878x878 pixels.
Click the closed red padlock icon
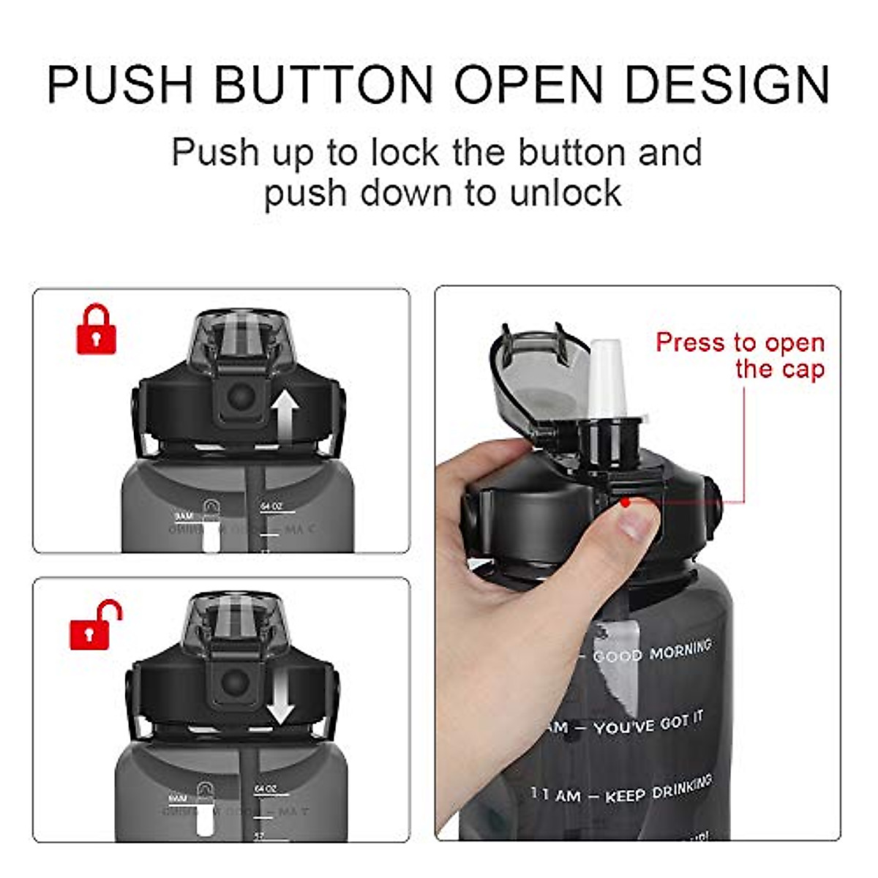pos(97,331)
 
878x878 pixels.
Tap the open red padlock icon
pos(94,626)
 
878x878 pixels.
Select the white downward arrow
pos(279,703)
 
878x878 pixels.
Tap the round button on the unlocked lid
pos(235,684)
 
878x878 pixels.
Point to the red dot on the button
pos(624,503)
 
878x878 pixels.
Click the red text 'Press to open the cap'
pos(740,355)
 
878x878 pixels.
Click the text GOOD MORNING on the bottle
pos(651,652)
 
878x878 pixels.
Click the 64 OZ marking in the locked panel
pos(270,506)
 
